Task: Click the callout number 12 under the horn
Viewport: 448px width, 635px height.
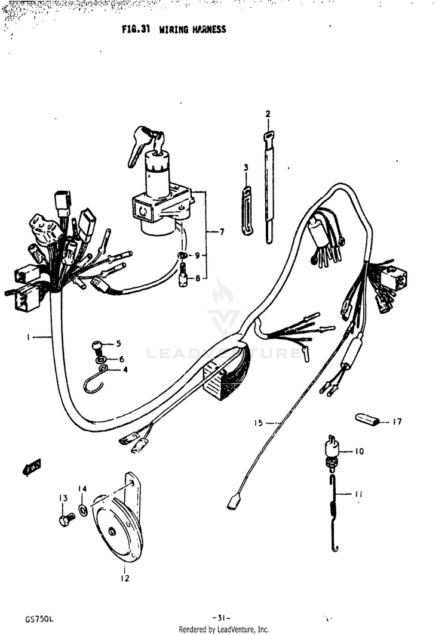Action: pyautogui.click(x=125, y=578)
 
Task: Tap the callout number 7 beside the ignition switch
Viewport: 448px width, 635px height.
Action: pyautogui.click(x=222, y=232)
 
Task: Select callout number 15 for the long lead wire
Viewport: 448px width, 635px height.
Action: pyautogui.click(x=258, y=423)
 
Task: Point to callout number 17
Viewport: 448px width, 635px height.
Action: pyautogui.click(x=397, y=422)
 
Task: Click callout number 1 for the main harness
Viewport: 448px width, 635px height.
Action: pyautogui.click(x=27, y=337)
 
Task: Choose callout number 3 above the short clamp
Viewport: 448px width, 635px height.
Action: pyautogui.click(x=246, y=168)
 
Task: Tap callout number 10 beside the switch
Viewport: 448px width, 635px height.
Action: pyautogui.click(x=359, y=451)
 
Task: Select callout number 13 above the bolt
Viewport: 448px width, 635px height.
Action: pyautogui.click(x=62, y=498)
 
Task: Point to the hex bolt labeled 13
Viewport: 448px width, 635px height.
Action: pyautogui.click(x=66, y=519)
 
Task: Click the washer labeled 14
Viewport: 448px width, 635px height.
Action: pyautogui.click(x=82, y=511)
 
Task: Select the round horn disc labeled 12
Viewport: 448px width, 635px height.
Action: pyautogui.click(x=116, y=531)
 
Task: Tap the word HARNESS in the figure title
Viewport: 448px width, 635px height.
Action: pyautogui.click(x=201, y=29)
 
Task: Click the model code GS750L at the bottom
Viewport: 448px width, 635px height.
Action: pyautogui.click(x=39, y=618)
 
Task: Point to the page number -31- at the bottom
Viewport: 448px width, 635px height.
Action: pyautogui.click(x=221, y=618)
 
